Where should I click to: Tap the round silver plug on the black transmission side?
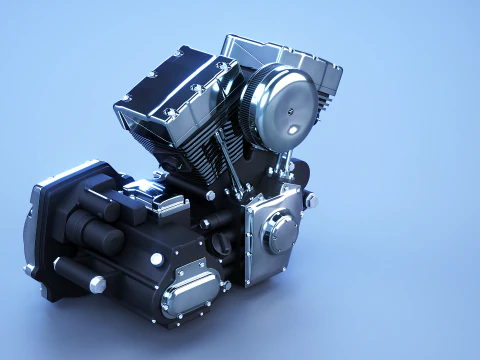(156, 259)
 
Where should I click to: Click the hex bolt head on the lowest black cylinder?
(97, 284)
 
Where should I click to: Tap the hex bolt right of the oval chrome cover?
(226, 285)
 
